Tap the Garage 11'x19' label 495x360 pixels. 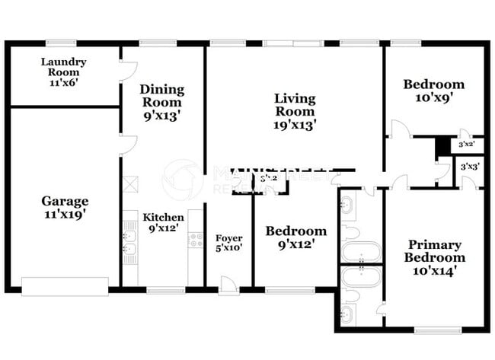[x=64, y=207]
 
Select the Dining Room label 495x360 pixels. [x=161, y=102]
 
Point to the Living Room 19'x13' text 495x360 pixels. [x=295, y=110]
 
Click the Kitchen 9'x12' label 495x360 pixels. [x=164, y=222]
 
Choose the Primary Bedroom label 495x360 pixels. [x=434, y=257]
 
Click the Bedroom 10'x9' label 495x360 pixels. [x=433, y=91]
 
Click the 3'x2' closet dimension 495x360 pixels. [x=465, y=144]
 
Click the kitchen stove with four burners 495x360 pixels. [x=196, y=241]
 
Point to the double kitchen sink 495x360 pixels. [x=129, y=242]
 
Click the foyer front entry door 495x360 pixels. [x=227, y=285]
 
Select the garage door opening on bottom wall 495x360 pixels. [x=65, y=286]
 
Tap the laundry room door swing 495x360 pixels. [x=127, y=71]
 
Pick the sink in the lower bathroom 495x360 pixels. [x=348, y=314]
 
